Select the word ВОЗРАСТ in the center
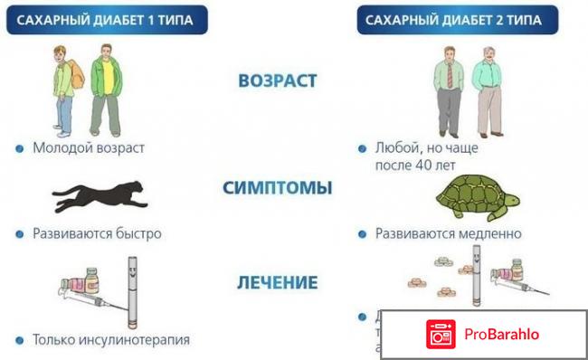click(278, 81)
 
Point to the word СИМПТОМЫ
click(278, 188)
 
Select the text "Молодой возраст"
click(88, 147)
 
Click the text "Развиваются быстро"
click(97, 233)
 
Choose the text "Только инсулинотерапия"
click(110, 340)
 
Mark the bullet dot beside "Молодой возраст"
click(19, 147)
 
